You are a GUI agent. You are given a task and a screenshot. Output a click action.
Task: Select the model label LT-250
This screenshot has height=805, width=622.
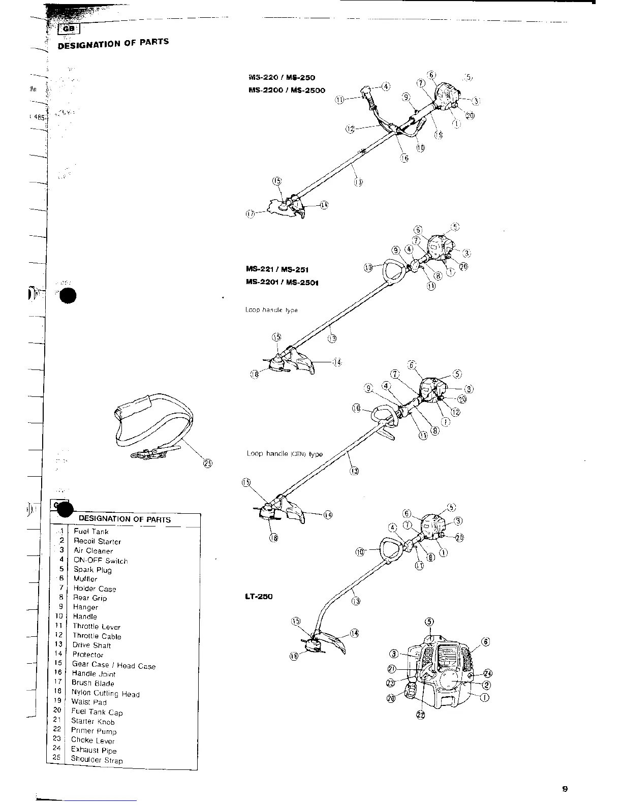(x=259, y=596)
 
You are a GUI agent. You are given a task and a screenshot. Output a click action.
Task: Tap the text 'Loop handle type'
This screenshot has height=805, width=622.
(x=271, y=309)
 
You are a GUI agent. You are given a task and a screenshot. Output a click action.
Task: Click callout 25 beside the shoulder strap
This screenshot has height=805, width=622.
(x=208, y=462)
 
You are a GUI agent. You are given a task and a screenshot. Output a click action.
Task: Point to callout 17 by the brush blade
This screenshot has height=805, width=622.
(x=250, y=214)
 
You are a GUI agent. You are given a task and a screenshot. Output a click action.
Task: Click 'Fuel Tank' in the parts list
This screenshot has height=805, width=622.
(x=91, y=532)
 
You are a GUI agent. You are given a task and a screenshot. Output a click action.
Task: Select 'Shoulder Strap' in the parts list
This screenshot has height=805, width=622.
(x=97, y=760)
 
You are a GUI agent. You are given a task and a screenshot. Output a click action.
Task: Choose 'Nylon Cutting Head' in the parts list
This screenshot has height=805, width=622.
(x=105, y=693)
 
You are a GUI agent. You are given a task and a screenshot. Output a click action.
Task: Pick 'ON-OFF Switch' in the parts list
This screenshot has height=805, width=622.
(x=101, y=561)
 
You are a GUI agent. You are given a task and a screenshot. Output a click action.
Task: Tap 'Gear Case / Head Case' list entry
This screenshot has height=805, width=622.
(x=114, y=665)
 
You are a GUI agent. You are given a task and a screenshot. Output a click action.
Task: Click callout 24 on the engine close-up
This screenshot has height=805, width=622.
(x=488, y=674)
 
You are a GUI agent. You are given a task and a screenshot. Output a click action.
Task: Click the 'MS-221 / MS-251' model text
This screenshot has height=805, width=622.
(x=277, y=269)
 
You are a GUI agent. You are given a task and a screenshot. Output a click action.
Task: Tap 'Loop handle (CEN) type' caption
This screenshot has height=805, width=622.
(x=285, y=454)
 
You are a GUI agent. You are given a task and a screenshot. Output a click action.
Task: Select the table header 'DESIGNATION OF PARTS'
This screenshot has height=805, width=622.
(x=125, y=519)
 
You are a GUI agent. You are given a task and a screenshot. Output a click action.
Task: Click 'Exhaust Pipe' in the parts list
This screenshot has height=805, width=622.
(x=94, y=750)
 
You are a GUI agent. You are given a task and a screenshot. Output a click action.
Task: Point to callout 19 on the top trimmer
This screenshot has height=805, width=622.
(x=439, y=135)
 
